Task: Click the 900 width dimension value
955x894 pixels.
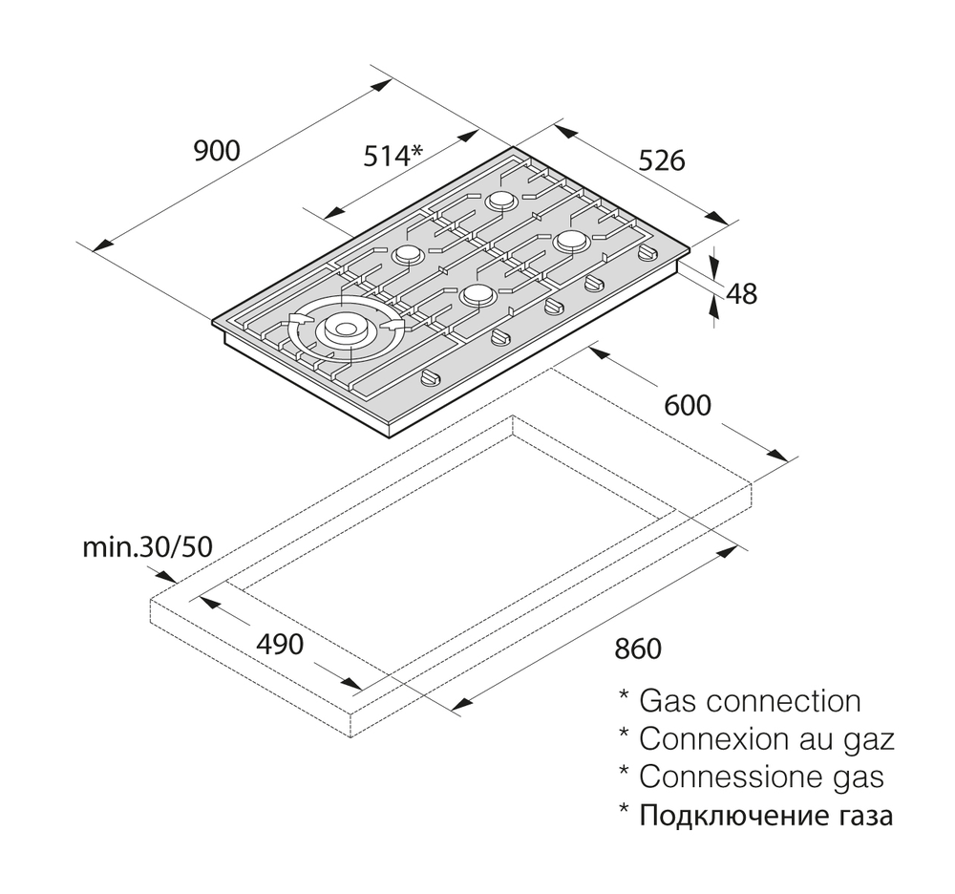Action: (217, 150)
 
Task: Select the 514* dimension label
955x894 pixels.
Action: (393, 156)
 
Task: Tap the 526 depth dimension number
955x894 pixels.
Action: (662, 160)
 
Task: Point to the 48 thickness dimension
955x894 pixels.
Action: (742, 293)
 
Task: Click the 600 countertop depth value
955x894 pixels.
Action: (688, 405)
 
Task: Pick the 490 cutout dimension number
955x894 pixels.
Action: (280, 645)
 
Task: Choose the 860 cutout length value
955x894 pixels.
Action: (638, 649)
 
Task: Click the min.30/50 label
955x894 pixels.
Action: (148, 547)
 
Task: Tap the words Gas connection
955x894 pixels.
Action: (750, 701)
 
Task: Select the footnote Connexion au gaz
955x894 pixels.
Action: (767, 738)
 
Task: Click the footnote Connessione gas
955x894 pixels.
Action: (761, 777)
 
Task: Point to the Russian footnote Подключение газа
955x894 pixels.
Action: (766, 815)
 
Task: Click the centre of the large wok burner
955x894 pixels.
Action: (345, 330)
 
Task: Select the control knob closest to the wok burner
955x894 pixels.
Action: (433, 377)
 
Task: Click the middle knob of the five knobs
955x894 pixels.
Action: (553, 308)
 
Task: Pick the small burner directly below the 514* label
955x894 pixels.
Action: (407, 255)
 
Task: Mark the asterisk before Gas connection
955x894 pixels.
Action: (624, 695)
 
